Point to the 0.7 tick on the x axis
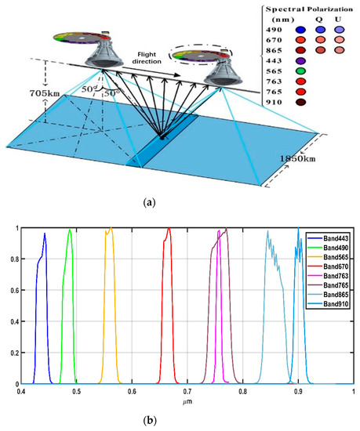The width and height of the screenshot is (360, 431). [187, 391]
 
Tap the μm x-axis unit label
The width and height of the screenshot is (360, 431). [187, 401]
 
